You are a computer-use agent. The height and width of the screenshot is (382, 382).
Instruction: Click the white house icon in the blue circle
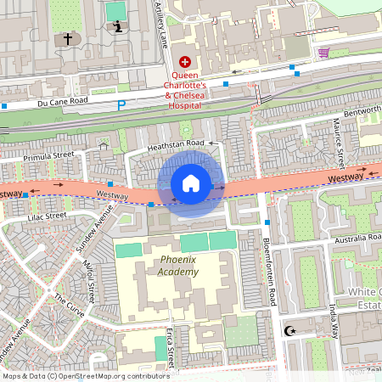tap(191, 183)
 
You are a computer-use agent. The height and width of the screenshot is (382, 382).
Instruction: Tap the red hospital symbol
tap(186, 61)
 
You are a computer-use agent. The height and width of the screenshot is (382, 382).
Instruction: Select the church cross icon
tap(68, 39)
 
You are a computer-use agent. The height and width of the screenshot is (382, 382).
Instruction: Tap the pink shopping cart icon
tap(323, 53)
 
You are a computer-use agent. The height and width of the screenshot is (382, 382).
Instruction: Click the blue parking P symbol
tap(121, 104)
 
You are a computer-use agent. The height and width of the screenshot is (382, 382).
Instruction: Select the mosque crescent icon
tap(291, 330)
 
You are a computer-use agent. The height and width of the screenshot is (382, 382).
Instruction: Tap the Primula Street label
tap(49, 156)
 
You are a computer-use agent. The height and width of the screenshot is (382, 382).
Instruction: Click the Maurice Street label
tap(338, 141)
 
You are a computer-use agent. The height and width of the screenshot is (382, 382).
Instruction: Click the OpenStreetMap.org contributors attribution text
tap(110, 375)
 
